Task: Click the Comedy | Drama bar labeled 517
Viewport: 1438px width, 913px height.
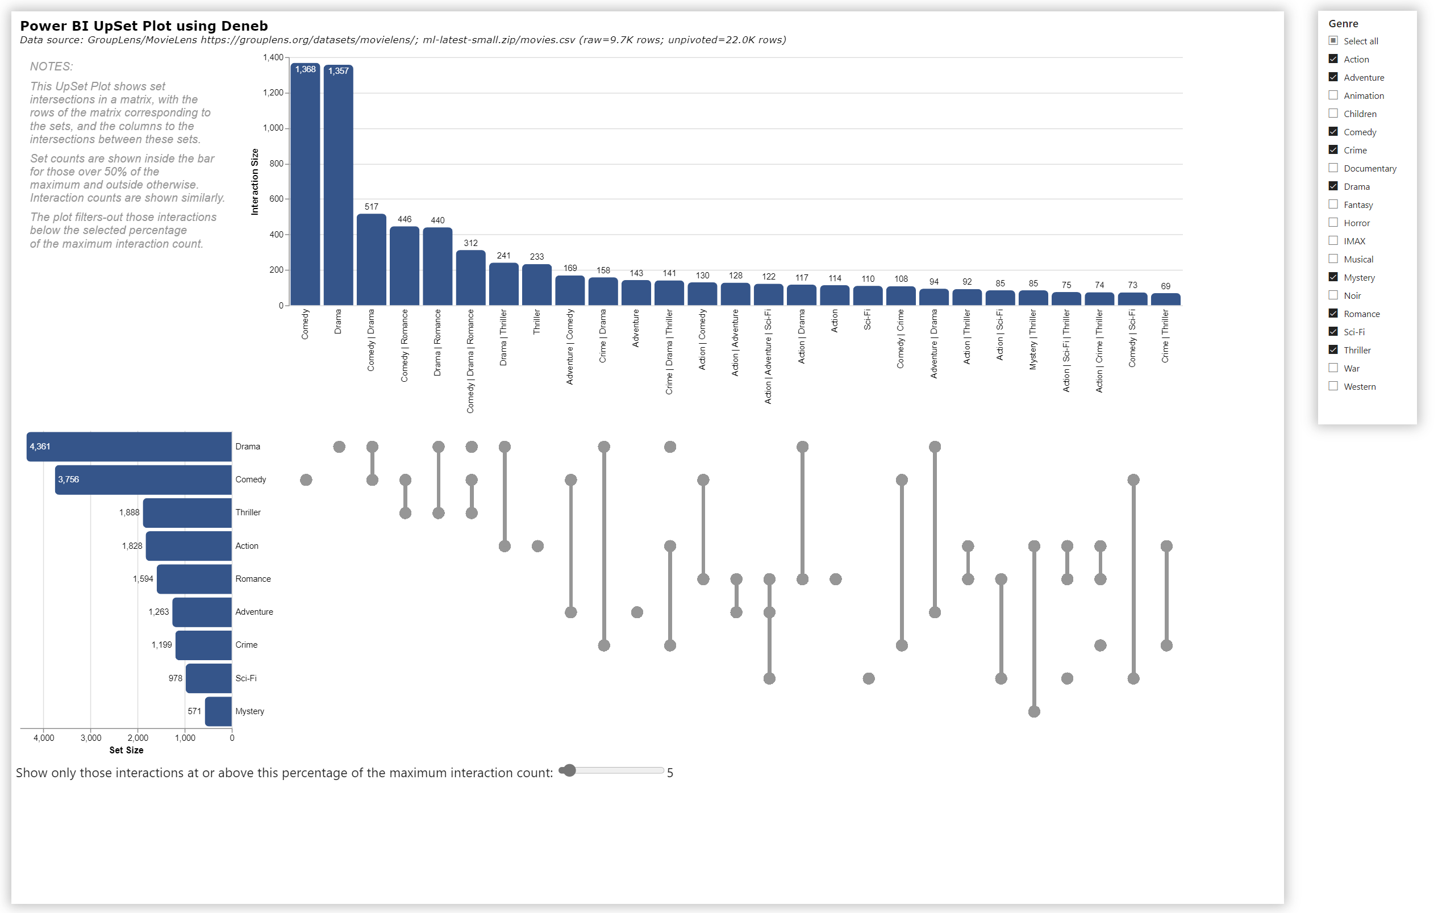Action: (371, 260)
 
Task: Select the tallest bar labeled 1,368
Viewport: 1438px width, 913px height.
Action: (305, 185)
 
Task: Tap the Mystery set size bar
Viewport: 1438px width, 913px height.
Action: (218, 711)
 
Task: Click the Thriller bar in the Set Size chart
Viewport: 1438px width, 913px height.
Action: (187, 513)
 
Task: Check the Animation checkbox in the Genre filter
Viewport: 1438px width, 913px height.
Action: (1333, 95)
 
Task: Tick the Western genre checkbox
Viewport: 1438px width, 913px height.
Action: (1333, 386)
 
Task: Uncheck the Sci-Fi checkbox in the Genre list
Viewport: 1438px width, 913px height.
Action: (1333, 331)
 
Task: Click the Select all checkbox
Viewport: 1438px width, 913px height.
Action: (1333, 40)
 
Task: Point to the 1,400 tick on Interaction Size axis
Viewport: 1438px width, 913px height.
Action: (273, 57)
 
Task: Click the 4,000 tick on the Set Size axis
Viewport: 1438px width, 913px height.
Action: (44, 738)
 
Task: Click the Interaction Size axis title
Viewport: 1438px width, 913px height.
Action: (255, 182)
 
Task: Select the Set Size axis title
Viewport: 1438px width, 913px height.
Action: (126, 751)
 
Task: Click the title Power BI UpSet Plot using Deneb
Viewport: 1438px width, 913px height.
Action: (144, 26)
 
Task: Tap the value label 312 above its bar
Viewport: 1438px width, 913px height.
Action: (470, 243)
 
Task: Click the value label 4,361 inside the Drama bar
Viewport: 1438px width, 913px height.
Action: (40, 447)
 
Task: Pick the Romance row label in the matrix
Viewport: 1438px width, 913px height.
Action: (253, 579)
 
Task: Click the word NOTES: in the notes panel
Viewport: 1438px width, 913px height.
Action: (51, 66)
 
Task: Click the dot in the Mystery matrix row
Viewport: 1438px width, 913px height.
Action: (1034, 711)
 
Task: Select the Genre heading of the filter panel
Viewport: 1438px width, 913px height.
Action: (1343, 23)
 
